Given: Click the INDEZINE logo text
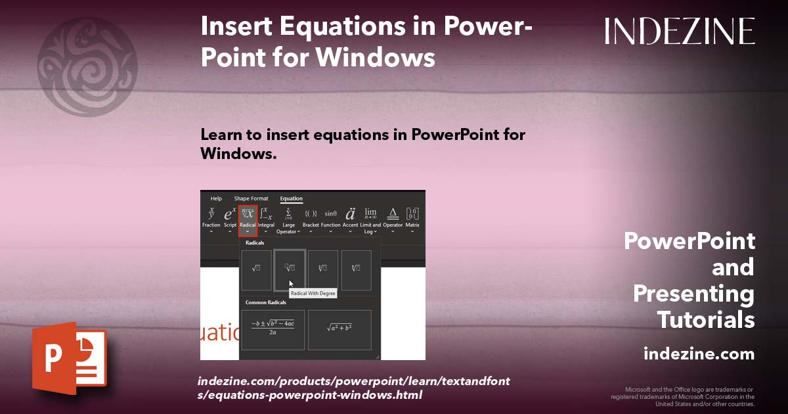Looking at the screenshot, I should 680,31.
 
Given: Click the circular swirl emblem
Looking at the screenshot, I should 87,66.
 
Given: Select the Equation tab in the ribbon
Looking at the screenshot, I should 291,198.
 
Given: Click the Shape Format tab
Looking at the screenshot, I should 251,198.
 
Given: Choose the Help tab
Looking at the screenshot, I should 216,198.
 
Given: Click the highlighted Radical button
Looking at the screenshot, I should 248,219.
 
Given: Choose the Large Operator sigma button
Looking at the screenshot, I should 289,219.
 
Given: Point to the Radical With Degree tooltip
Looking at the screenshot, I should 313,294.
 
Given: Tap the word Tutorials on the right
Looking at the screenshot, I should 706,320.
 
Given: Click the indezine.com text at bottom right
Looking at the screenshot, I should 699,354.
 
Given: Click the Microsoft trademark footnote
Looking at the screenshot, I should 683,396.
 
